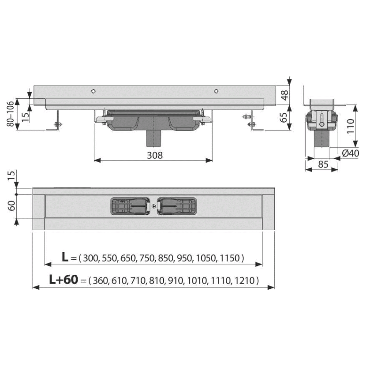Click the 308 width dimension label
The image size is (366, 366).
coord(155,155)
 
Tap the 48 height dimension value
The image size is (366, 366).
coord(285,95)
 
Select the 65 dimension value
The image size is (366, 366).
coord(284,118)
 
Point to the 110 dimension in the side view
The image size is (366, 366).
coord(351,126)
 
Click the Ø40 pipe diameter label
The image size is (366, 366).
coord(351,153)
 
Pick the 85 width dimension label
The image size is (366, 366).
coord(323,164)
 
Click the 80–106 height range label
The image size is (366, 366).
coord(11,114)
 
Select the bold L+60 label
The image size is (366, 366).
coord(63,280)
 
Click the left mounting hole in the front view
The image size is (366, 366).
coord(93,91)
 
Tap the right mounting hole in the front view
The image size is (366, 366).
coord(216,91)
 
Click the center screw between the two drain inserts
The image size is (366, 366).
coord(153,206)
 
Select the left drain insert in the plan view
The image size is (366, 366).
coord(130,206)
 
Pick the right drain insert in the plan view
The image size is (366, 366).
coord(177,206)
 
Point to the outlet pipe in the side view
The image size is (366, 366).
coord(321,138)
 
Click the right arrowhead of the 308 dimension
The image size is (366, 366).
coord(209,160)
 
